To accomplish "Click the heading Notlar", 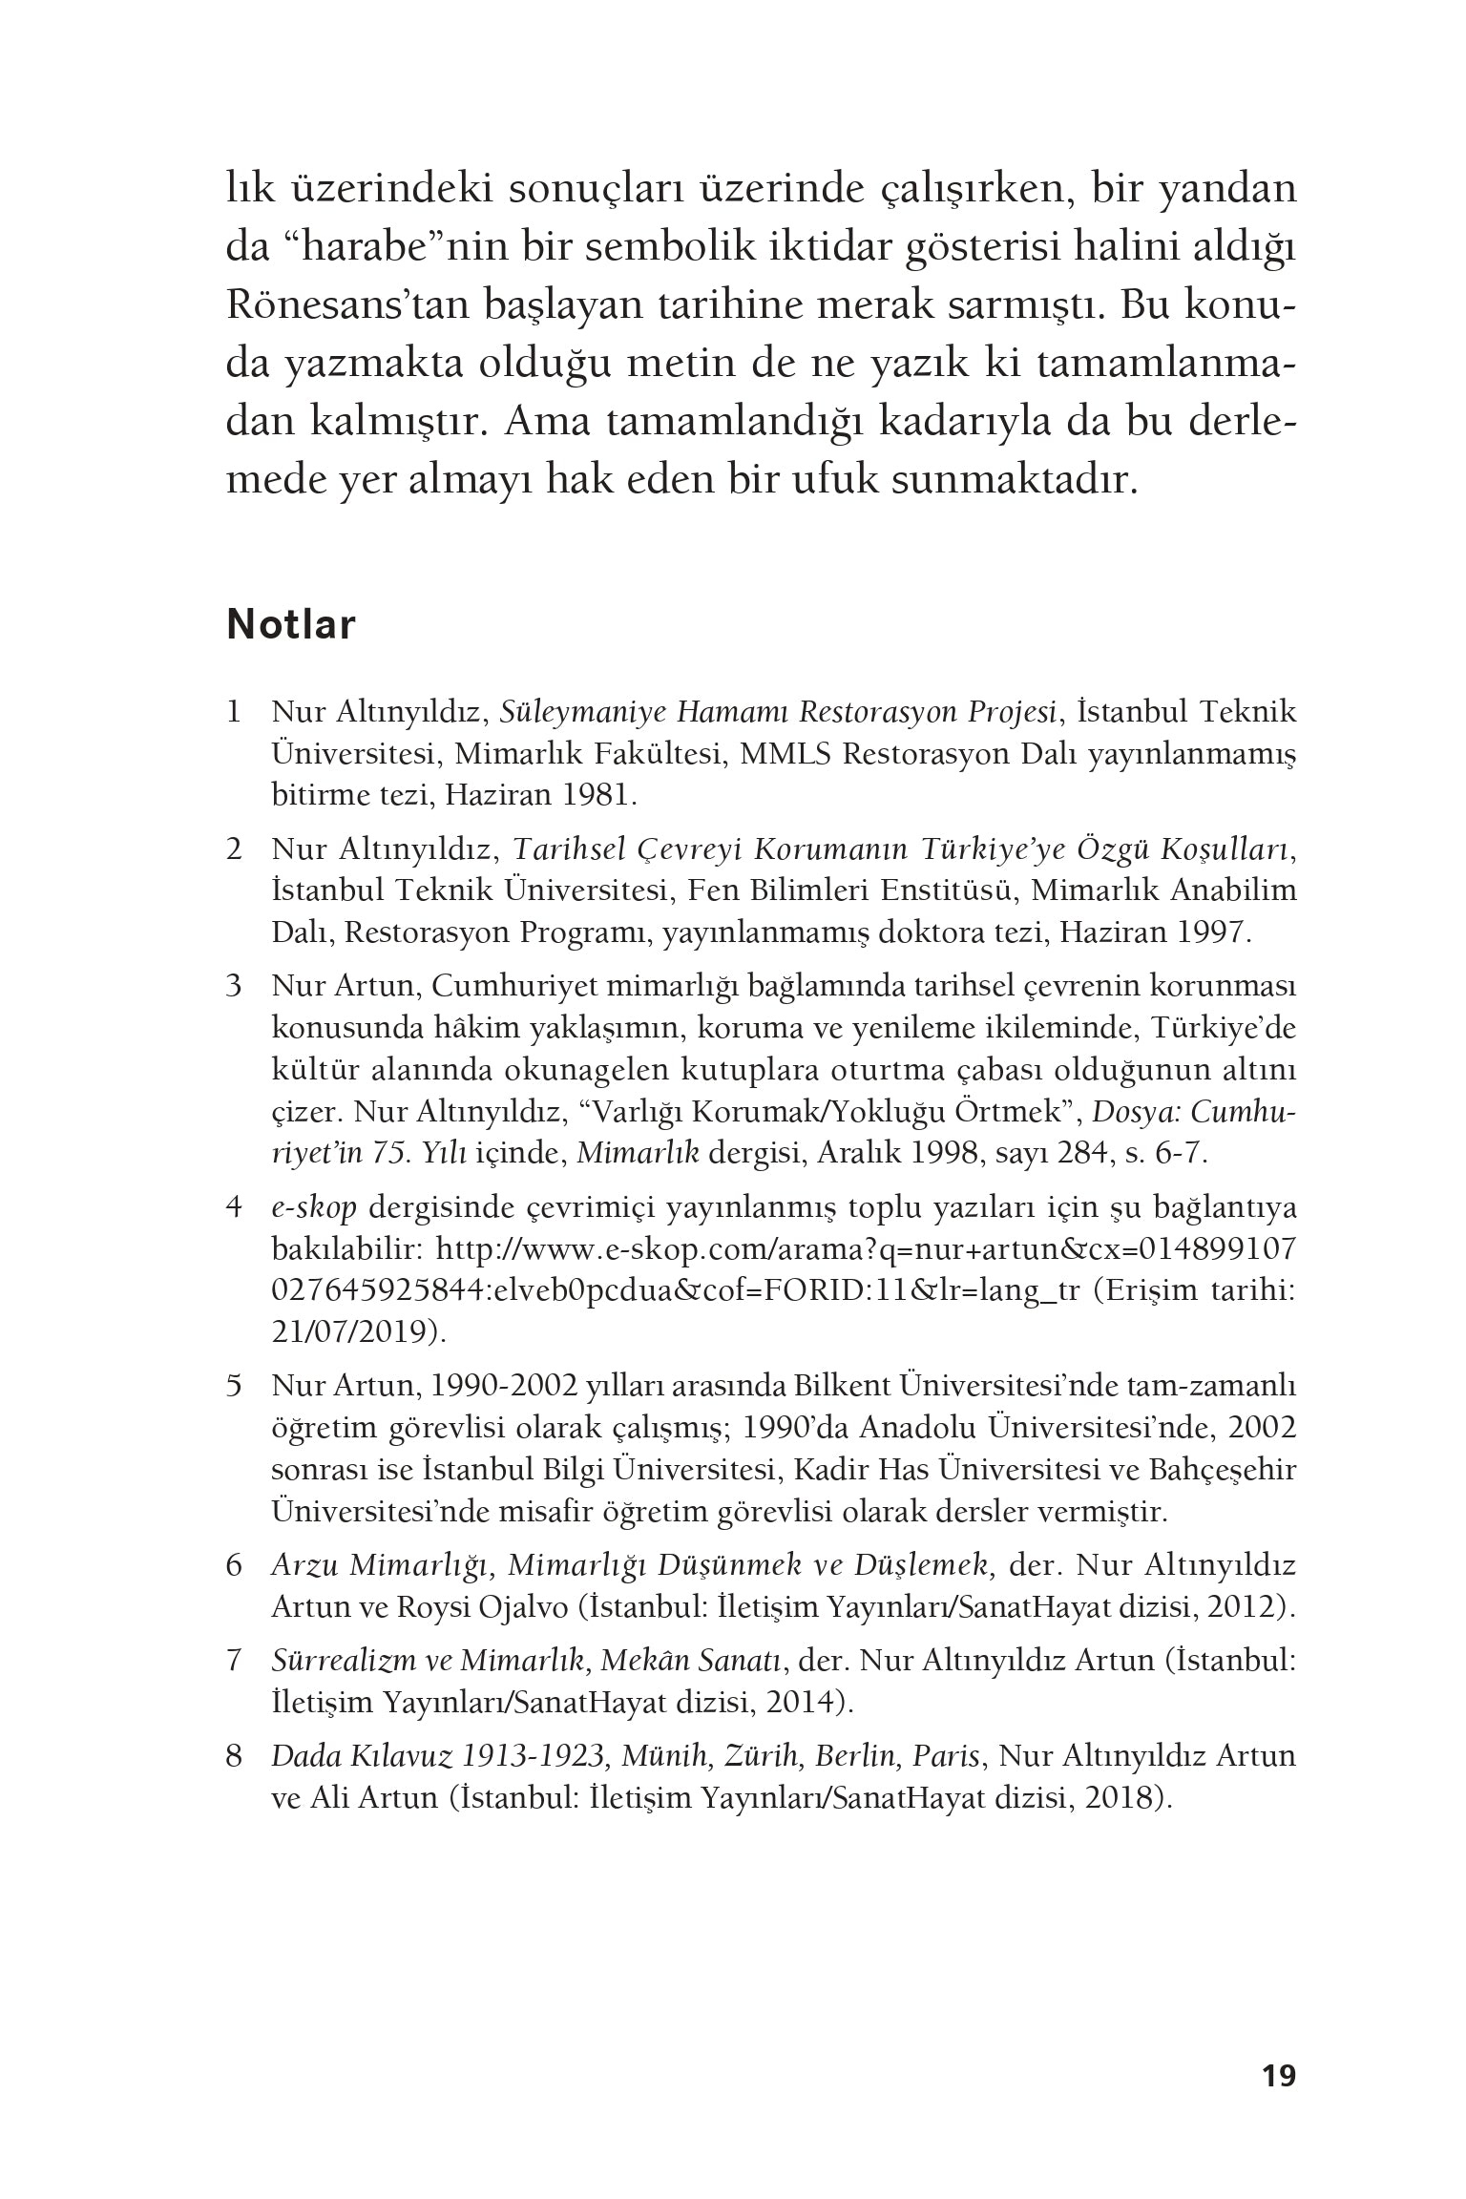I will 291,625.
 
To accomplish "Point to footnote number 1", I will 233,712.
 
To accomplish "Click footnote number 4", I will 233,1207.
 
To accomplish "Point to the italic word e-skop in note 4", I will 313,1207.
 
